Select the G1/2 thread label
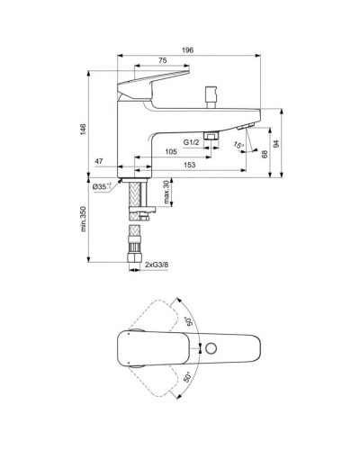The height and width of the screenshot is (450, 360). (192, 142)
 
